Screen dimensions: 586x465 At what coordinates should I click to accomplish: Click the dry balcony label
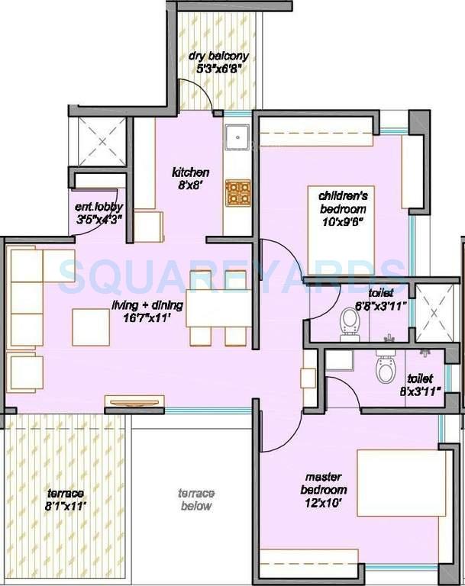point(219,56)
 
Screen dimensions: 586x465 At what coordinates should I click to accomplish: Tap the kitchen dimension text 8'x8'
point(190,184)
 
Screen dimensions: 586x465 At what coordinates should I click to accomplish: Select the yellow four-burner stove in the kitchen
point(237,194)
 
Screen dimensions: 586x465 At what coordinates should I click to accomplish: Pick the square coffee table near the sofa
point(90,327)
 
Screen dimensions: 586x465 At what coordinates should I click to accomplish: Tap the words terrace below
point(195,500)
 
